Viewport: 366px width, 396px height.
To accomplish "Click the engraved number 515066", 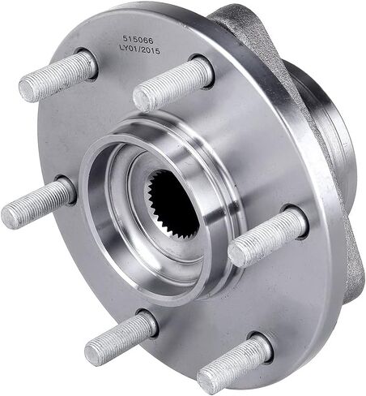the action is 138,41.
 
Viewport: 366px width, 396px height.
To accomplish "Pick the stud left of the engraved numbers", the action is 57,75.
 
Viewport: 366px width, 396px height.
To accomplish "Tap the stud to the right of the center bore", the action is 266,236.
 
